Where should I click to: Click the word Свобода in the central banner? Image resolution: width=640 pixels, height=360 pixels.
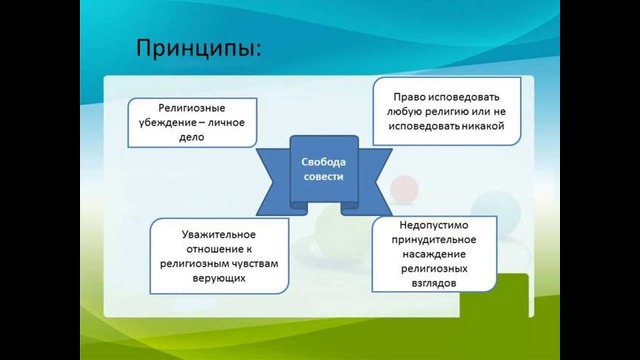pos(321,160)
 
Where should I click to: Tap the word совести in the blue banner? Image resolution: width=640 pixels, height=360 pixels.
pos(321,176)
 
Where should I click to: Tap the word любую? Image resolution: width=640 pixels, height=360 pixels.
pos(406,113)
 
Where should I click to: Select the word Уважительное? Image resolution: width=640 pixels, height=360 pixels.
pos(216,233)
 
